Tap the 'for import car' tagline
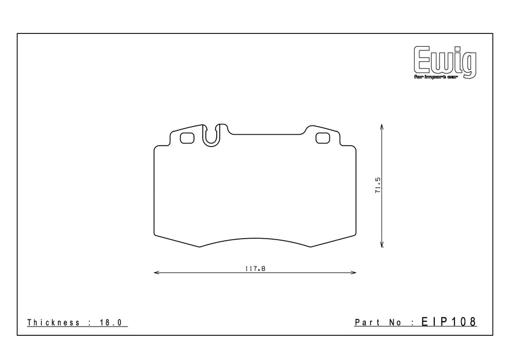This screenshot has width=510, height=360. tap(435, 77)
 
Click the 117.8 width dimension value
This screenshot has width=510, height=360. tap(255, 268)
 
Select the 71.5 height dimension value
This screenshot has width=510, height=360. tap(378, 186)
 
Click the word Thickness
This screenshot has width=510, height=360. tap(54, 322)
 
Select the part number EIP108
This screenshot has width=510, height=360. tap(449, 321)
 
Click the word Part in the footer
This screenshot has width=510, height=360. tap(367, 322)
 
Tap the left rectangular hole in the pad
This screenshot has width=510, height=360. tap(187, 138)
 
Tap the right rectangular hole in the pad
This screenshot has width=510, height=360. tap(323, 138)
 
